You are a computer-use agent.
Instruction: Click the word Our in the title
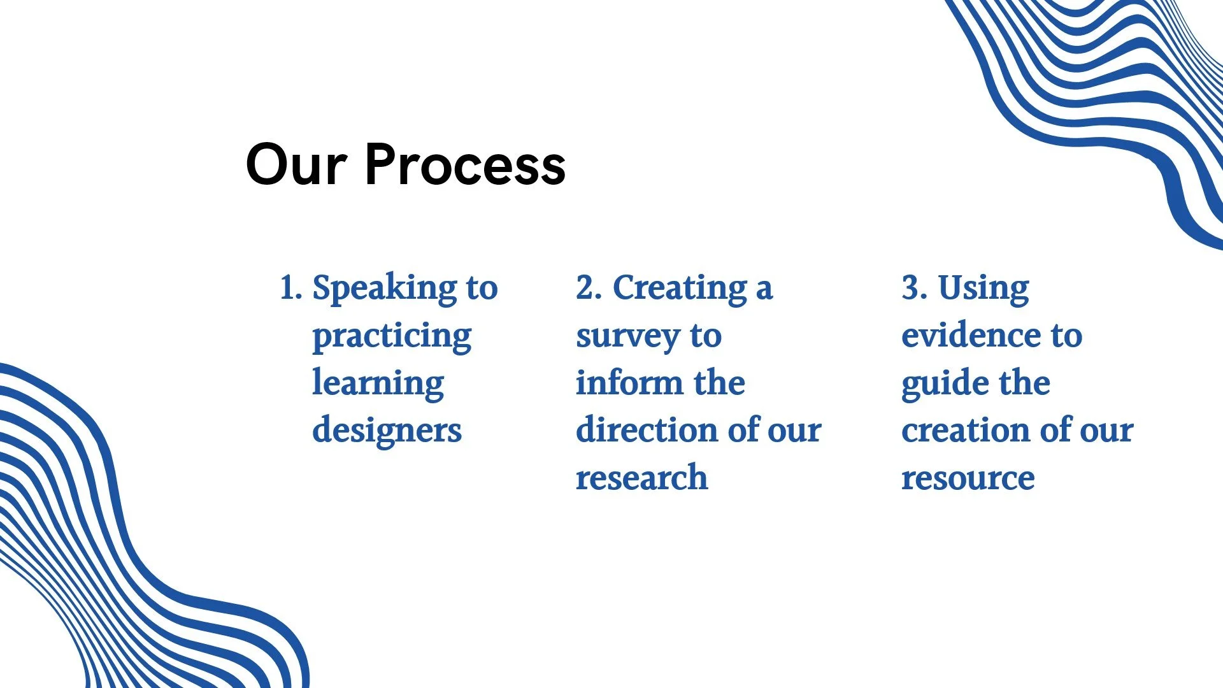pyautogui.click(x=296, y=165)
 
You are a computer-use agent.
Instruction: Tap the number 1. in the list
pyautogui.click(x=290, y=288)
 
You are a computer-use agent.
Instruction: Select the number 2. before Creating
pyautogui.click(x=589, y=288)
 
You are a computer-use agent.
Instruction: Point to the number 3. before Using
pyautogui.click(x=914, y=288)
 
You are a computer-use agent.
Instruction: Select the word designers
pyautogui.click(x=387, y=431)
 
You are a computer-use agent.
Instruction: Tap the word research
pyautogui.click(x=641, y=478)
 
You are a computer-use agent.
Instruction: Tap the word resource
pyautogui.click(x=968, y=478)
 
